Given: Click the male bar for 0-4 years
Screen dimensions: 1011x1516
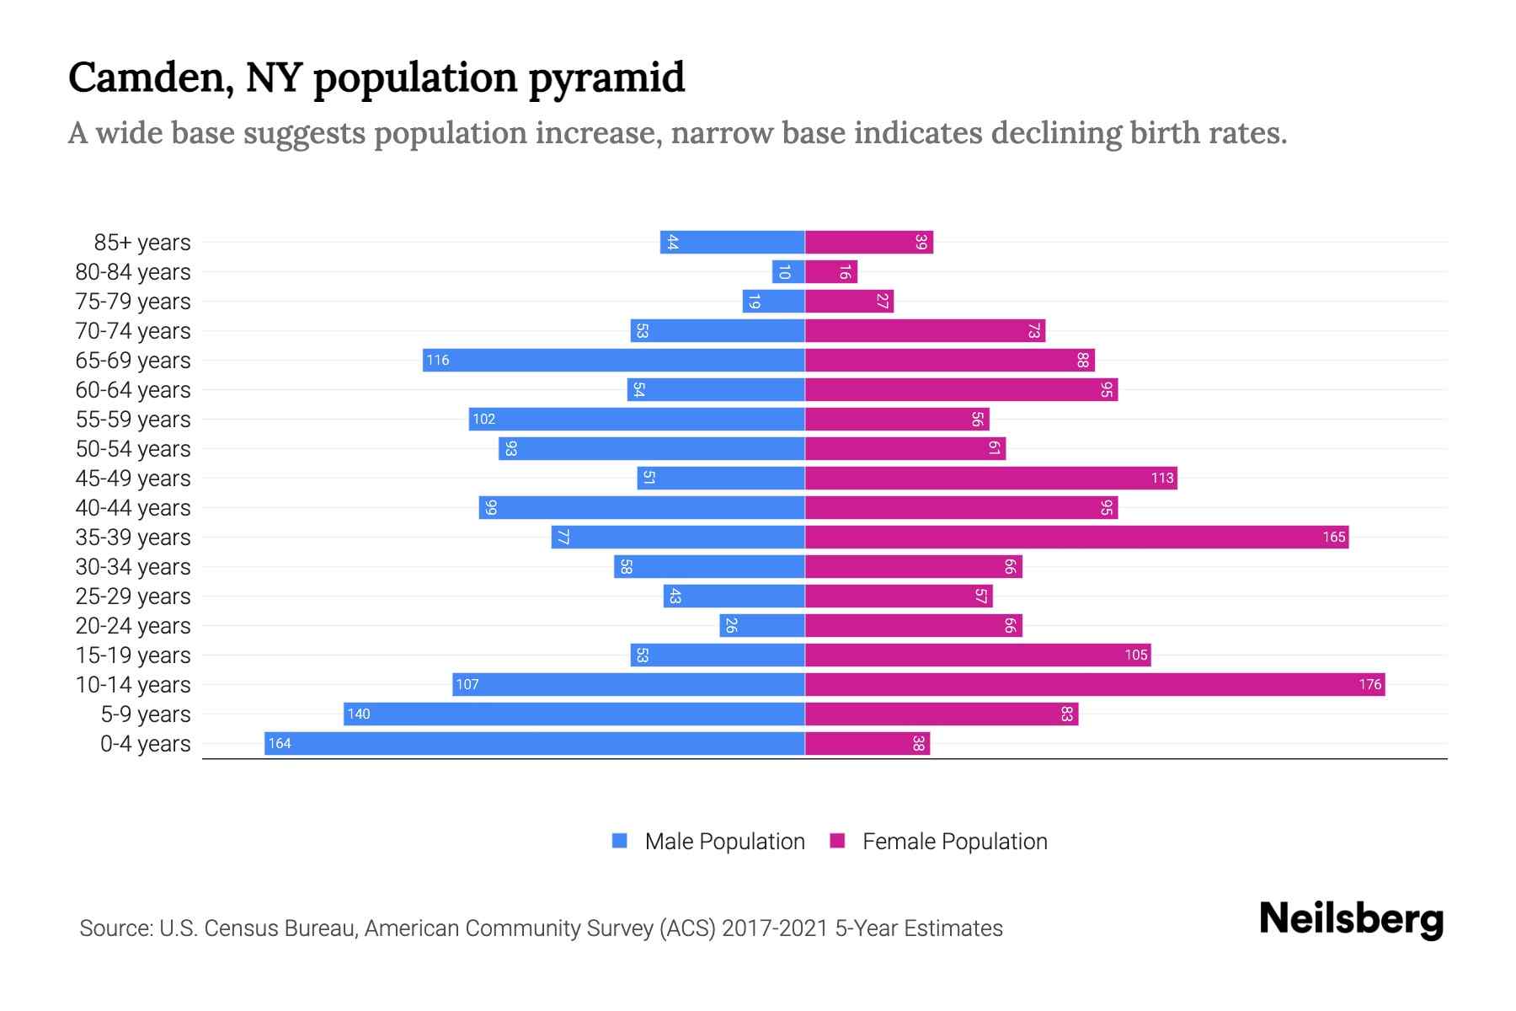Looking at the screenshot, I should [535, 743].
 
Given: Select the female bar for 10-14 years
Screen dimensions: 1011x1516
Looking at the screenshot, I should [1095, 684].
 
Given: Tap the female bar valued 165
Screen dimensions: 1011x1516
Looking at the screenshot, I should [1076, 537].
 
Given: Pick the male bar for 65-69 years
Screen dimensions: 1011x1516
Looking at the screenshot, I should [613, 360].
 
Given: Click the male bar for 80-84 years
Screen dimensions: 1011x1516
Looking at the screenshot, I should [788, 271].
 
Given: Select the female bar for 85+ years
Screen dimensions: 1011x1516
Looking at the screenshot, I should [869, 242].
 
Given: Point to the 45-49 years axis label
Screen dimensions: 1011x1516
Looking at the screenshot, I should [133, 478].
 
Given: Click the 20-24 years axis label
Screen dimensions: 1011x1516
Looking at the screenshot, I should [133, 625].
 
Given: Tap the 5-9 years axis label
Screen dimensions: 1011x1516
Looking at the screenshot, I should [145, 714].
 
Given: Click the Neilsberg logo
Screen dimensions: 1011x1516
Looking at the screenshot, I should [1351, 919].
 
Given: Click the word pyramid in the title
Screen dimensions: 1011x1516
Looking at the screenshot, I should [606, 78].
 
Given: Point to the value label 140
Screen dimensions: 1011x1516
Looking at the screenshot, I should [359, 714].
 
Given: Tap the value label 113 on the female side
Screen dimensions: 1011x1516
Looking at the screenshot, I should [1162, 478].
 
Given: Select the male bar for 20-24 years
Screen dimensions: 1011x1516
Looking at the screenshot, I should [762, 625].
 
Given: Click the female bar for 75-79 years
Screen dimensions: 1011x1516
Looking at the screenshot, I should [849, 301].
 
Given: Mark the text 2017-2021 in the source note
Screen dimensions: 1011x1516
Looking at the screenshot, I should [775, 928].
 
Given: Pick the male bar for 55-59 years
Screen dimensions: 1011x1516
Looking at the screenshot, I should [637, 419].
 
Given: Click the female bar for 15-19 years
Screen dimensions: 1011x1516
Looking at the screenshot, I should [978, 655].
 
